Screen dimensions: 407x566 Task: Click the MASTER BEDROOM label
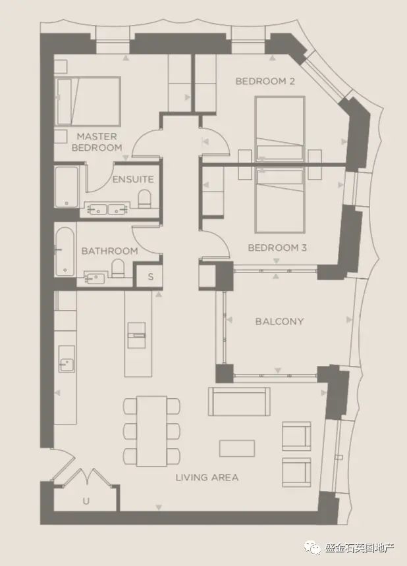click(x=97, y=142)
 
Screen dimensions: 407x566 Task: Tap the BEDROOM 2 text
click(x=265, y=81)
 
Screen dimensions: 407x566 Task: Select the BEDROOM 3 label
click(x=277, y=247)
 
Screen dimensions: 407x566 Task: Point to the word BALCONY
click(x=279, y=321)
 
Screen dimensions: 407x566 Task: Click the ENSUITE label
click(x=133, y=179)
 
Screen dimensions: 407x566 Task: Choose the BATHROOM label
click(x=109, y=251)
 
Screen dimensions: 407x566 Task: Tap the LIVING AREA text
click(x=207, y=478)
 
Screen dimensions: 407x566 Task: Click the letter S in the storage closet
click(x=151, y=277)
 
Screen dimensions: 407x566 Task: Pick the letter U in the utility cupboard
click(x=86, y=501)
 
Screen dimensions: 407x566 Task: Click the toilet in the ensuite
click(x=144, y=199)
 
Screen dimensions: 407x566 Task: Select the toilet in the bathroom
click(x=118, y=269)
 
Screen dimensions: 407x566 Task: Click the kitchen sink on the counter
click(x=67, y=359)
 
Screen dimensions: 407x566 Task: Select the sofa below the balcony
click(x=239, y=401)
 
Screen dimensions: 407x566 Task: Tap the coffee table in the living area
click(x=237, y=448)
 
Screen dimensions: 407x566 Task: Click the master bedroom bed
click(x=88, y=101)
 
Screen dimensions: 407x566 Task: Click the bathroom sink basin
click(x=95, y=278)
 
